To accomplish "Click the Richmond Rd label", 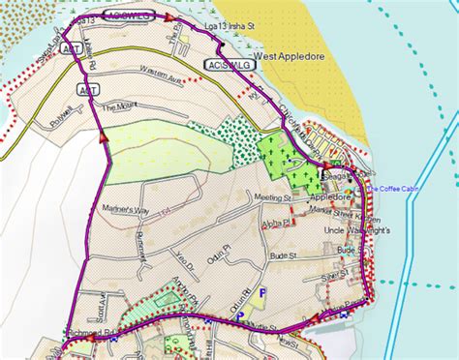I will (x=99, y=331).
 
